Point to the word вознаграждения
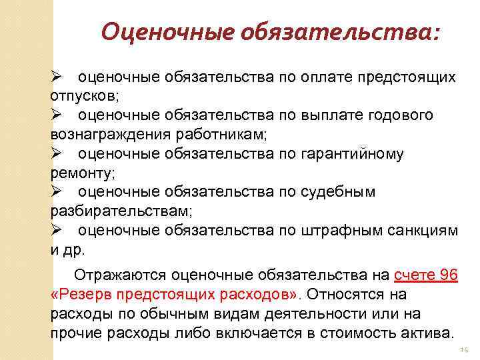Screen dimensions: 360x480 [111, 135]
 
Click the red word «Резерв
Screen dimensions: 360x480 [81, 294]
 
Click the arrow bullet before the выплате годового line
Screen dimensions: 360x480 [57, 115]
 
